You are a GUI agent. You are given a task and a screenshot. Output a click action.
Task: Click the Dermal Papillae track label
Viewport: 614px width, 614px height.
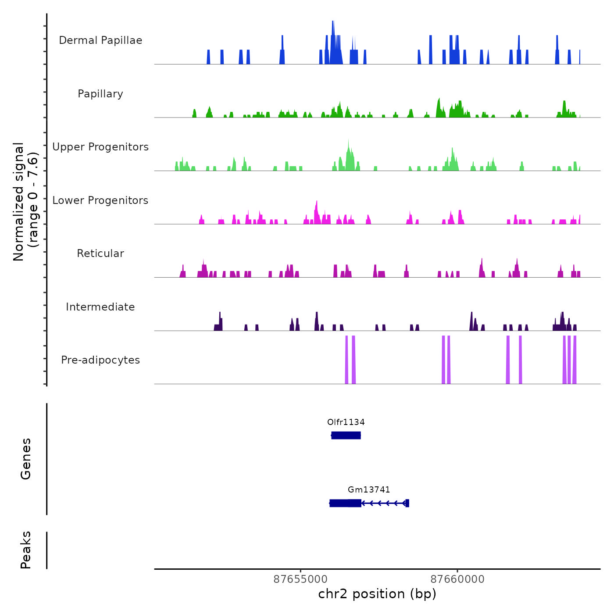click(100, 40)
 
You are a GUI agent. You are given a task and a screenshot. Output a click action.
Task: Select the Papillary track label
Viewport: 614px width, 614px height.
click(100, 94)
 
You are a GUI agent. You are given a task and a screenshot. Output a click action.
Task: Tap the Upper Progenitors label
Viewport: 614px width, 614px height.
click(100, 147)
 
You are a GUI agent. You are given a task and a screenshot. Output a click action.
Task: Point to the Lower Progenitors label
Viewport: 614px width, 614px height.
click(100, 200)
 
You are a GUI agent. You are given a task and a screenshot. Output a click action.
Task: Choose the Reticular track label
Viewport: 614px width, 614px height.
click(100, 253)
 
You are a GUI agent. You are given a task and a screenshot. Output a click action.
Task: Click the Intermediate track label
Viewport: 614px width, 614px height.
click(100, 307)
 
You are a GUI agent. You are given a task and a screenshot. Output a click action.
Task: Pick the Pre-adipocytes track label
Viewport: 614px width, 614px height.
click(100, 360)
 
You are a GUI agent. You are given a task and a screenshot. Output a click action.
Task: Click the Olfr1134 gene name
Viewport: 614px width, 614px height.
click(346, 422)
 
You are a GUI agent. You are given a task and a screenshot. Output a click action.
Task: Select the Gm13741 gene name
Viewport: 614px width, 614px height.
click(369, 490)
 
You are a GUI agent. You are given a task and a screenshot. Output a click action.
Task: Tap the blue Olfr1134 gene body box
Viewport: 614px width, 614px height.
click(346, 435)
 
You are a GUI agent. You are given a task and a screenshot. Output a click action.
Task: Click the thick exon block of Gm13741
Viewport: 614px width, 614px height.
click(346, 503)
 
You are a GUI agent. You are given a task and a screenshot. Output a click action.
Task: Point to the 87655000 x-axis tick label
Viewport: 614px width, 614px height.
click(300, 579)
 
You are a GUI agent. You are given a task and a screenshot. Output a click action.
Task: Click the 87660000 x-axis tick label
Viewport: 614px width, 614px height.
click(457, 579)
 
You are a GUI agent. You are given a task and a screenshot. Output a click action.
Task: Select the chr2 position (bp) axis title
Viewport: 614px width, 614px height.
click(377, 594)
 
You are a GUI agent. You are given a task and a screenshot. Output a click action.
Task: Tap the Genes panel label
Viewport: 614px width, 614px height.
click(26, 459)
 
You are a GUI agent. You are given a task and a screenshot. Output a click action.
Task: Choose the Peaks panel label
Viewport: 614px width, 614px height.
click(26, 550)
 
